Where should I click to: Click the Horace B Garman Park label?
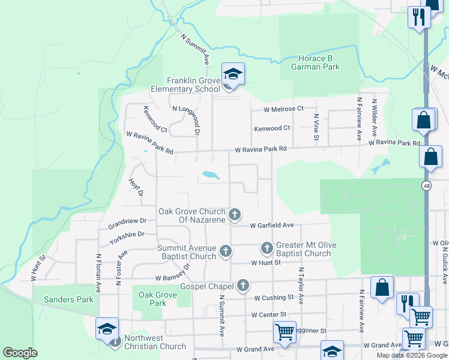315,62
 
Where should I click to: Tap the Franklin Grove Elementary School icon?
233,75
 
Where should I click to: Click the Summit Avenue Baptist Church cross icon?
226,251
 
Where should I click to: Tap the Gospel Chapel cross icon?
243,286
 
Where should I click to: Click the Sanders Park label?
64,299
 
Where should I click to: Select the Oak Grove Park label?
152,299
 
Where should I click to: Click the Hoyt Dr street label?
136,187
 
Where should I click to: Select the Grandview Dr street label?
127,223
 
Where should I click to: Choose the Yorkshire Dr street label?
127,238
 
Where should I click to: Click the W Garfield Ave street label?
271,226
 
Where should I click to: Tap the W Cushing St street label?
274,298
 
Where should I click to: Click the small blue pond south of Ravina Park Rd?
211,175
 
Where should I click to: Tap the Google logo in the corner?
20,353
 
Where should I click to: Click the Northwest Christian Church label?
155,342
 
